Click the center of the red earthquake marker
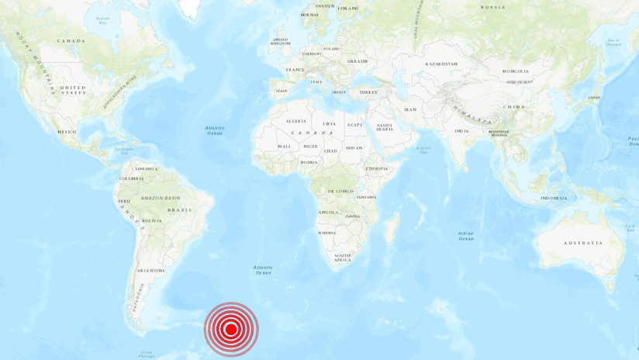tap(231, 329)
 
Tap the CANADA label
tap(71, 40)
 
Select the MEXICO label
tap(67, 132)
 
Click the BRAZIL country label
tap(179, 209)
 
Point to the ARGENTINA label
tap(150, 271)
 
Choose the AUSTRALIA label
tap(583, 243)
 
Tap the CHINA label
tap(513, 106)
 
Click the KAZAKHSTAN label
tap(441, 64)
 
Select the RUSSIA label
tap(492, 7)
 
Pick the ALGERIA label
tap(296, 121)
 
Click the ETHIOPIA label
tap(377, 168)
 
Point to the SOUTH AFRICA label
tap(343, 258)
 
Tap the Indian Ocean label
tap(465, 236)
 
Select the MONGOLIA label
tap(516, 71)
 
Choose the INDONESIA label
tap(554, 198)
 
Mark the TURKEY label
tap(368, 92)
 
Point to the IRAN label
tap(410, 109)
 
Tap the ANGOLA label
tap(328, 212)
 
